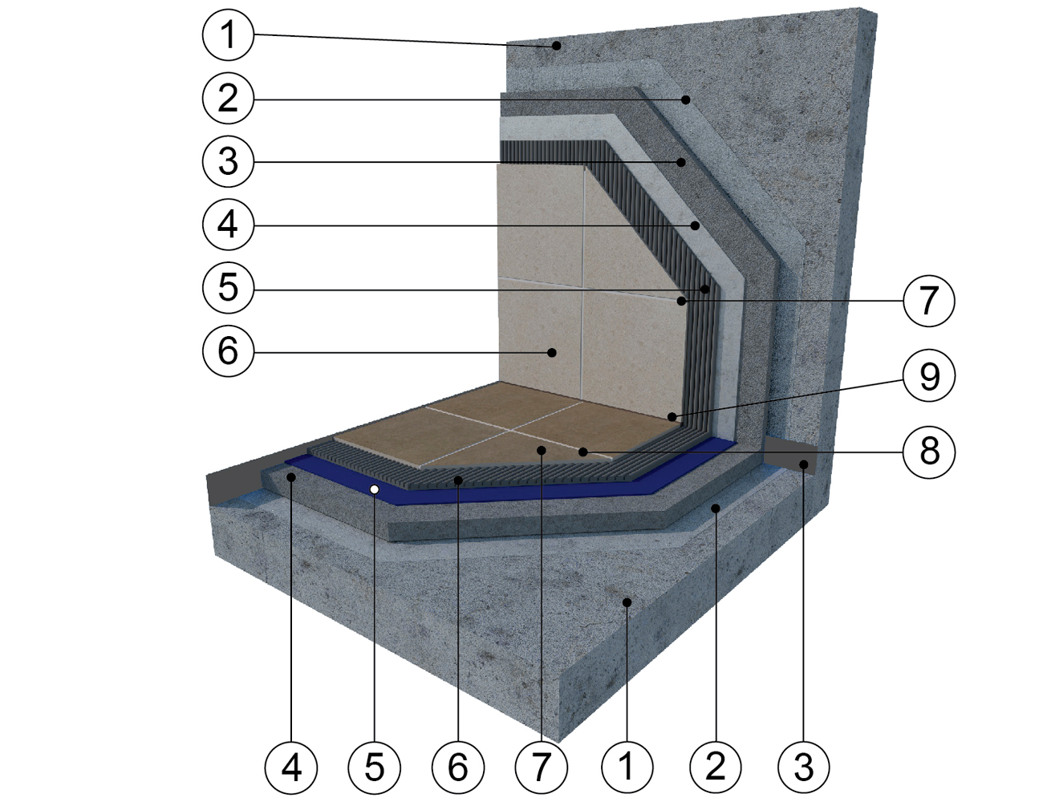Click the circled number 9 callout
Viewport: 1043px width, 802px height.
[x=929, y=376]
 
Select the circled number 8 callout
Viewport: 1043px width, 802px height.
[x=929, y=452]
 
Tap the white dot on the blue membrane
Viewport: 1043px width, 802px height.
[x=375, y=489]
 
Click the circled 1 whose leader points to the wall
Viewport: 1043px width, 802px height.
[x=228, y=35]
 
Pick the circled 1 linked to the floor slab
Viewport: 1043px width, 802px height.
[x=627, y=766]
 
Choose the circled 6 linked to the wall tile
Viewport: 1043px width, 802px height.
[x=228, y=350]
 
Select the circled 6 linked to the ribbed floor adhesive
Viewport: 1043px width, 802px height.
[x=457, y=767]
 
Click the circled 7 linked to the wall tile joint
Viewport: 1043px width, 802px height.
[x=929, y=301]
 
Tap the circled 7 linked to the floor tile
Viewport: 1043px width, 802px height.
[x=541, y=767]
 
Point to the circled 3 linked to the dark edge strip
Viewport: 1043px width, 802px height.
[x=803, y=766]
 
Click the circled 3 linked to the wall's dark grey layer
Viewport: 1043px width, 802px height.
[x=228, y=162]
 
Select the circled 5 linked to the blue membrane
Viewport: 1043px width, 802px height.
[x=375, y=767]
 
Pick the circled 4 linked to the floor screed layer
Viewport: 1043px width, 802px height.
[x=291, y=767]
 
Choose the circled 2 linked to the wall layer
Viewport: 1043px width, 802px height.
[x=228, y=99]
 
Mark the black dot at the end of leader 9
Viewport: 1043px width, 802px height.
[x=673, y=416]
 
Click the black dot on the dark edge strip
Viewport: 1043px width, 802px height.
[x=803, y=464]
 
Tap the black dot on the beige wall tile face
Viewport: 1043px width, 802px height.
[x=552, y=353]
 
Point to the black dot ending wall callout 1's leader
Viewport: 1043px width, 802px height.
[x=556, y=46]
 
